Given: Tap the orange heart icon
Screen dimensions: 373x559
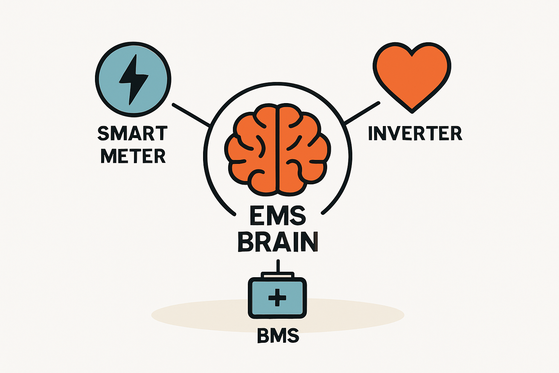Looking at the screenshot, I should tap(412, 76).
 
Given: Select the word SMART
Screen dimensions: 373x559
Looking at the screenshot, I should tap(133, 133).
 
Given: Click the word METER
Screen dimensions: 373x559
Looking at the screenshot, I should tap(133, 156).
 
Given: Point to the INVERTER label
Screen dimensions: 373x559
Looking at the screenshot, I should tap(415, 133).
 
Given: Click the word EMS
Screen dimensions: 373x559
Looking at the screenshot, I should tap(278, 216).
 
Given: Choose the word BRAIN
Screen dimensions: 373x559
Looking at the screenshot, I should tap(278, 241).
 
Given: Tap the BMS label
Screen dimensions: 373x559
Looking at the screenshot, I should tap(278, 335).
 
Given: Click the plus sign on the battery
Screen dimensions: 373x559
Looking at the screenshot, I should tap(277, 298).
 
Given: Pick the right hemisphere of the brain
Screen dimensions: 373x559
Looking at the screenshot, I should tap(304, 149).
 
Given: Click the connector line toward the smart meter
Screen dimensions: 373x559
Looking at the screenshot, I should tap(191, 115).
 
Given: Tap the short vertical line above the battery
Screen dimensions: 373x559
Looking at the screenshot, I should tap(278, 266).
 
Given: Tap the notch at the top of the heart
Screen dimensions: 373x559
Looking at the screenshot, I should tap(412, 54).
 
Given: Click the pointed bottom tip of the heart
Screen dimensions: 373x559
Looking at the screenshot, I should tap(412, 109).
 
